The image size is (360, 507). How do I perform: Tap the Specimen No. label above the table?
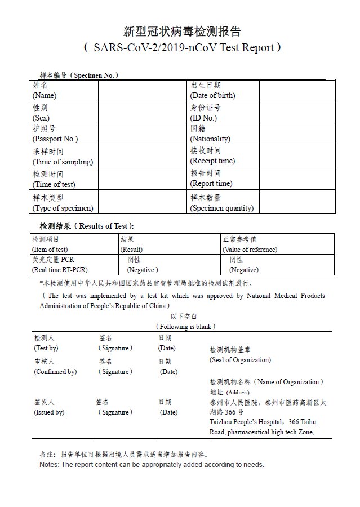pos(78,75)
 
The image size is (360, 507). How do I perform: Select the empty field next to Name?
pos(143,90)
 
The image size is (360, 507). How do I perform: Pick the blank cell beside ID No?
pos(297,113)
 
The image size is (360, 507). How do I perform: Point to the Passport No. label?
pos(55,134)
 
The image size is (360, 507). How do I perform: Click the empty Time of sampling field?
pos(143,157)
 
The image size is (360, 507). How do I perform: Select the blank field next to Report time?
pos(297,179)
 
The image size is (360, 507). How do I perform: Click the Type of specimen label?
pos(63,203)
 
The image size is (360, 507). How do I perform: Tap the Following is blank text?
pos(185,327)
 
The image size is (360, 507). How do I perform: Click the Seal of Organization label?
pos(240,360)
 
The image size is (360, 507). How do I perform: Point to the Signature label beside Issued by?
pos(115,412)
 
